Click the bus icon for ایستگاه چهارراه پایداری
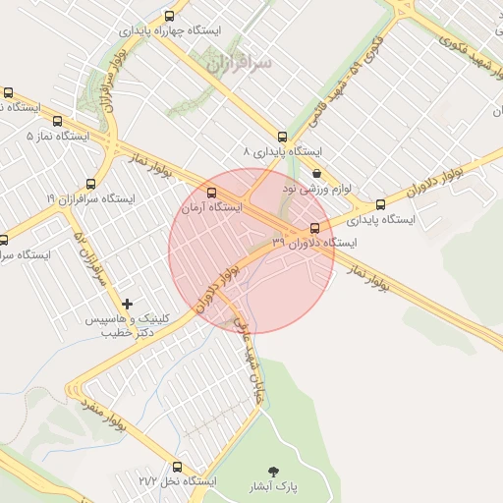170,16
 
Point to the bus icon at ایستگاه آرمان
211,192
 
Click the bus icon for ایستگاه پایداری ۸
283,137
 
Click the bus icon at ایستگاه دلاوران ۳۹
314,228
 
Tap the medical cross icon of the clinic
127,305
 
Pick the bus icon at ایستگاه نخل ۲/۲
177,467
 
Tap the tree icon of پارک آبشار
273,472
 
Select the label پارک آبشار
272,486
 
